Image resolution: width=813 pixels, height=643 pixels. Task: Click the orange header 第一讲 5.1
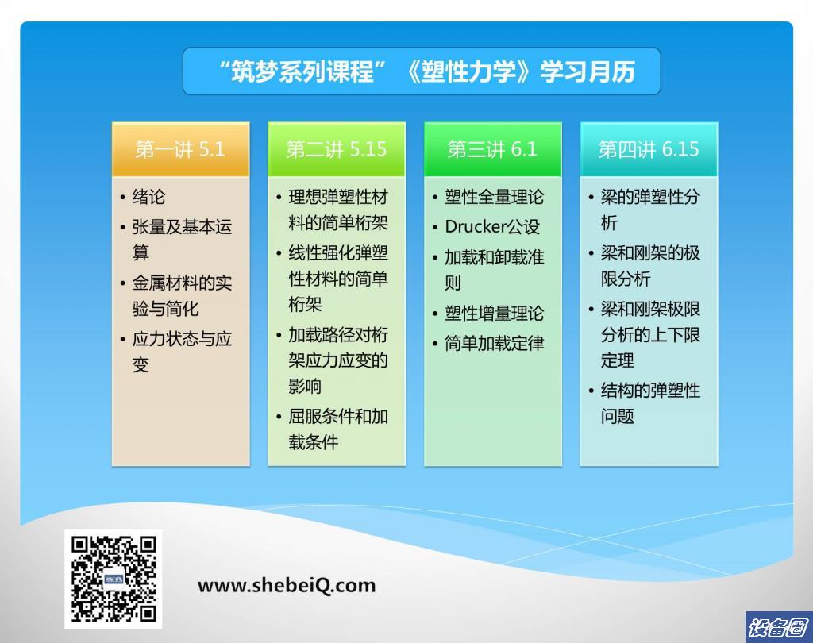point(180,149)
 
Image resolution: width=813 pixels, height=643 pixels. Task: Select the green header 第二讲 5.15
point(337,149)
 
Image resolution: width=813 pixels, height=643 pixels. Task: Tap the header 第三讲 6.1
point(492,149)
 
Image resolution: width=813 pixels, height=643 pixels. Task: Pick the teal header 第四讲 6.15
point(649,149)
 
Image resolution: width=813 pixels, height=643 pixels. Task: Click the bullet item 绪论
point(148,197)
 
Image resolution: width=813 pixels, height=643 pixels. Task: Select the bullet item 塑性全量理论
point(494,197)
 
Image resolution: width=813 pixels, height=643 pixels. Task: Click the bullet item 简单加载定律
point(494,343)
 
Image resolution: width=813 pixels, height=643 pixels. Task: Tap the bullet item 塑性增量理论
point(494,314)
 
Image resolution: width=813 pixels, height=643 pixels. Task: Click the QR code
point(114,579)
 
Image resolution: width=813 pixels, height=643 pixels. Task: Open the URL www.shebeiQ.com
point(286,585)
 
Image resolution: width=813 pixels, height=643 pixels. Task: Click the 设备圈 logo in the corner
point(778,627)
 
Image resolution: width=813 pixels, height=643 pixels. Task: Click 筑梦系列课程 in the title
point(302,71)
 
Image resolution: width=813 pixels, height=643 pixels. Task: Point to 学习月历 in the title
point(588,71)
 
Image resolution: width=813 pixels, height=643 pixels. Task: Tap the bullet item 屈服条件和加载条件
point(338,429)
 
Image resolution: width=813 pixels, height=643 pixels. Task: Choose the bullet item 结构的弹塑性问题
point(650,403)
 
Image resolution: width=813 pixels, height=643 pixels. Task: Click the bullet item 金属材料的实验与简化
point(182,295)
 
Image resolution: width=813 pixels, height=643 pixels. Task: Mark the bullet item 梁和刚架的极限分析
point(650,265)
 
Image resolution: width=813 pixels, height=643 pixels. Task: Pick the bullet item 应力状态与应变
point(182,352)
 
